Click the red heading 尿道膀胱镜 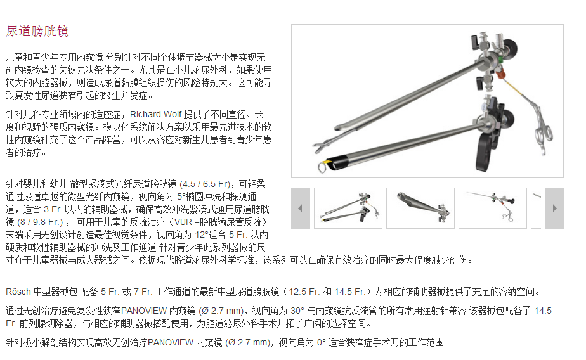click(37, 31)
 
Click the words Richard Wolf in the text click(155, 114)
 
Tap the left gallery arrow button click(301, 208)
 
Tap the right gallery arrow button click(554, 208)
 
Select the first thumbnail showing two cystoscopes click(348, 208)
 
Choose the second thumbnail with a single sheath click(420, 208)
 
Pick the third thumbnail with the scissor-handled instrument click(493, 208)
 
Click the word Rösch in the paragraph click(18, 292)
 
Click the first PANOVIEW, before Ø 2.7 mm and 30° click(144, 311)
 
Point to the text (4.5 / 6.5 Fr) click(205, 184)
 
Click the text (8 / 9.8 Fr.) click(40, 222)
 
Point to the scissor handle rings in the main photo click(543, 134)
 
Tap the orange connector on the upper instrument click(500, 74)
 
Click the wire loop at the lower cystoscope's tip click(322, 166)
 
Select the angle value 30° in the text click(297, 311)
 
